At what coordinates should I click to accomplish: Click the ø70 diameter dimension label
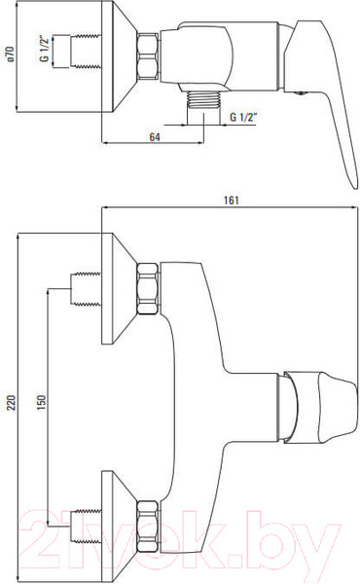pos(11,54)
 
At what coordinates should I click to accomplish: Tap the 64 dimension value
pos(155,137)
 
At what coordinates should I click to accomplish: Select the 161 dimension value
pos(231,200)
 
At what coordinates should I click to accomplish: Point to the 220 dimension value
pos(11,403)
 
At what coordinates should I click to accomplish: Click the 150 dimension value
pos(41,402)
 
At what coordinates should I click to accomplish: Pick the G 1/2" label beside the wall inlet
pos(45,49)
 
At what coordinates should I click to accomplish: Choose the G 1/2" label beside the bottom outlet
pos(244,117)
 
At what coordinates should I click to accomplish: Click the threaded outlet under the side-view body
pos(203,100)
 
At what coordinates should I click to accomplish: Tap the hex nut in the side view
pos(148,55)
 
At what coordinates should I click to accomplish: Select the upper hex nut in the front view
pos(148,288)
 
